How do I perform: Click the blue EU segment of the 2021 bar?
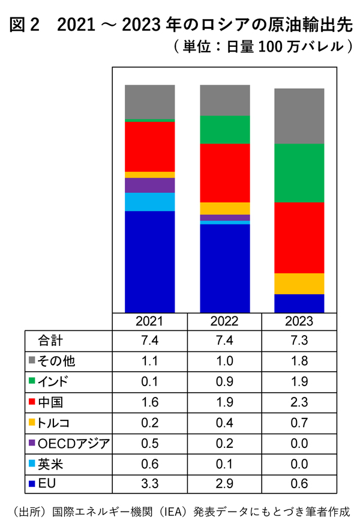(x=149, y=261)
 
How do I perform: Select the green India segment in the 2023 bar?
(x=299, y=173)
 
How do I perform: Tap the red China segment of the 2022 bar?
(x=224, y=173)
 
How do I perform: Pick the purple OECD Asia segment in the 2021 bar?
(x=149, y=185)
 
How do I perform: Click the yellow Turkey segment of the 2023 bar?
(x=299, y=283)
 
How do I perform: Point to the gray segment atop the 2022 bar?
(x=224, y=100)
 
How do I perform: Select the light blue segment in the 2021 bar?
(x=149, y=202)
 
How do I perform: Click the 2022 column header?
(x=224, y=321)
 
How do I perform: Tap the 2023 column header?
(x=299, y=321)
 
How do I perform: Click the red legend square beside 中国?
(x=32, y=402)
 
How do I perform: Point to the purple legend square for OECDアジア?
(x=32, y=443)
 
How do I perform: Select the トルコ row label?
(x=53, y=423)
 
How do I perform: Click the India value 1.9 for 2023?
(x=299, y=381)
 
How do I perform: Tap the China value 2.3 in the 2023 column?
(x=299, y=402)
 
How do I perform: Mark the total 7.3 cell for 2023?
(x=299, y=340)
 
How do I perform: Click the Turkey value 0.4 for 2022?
(x=224, y=423)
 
